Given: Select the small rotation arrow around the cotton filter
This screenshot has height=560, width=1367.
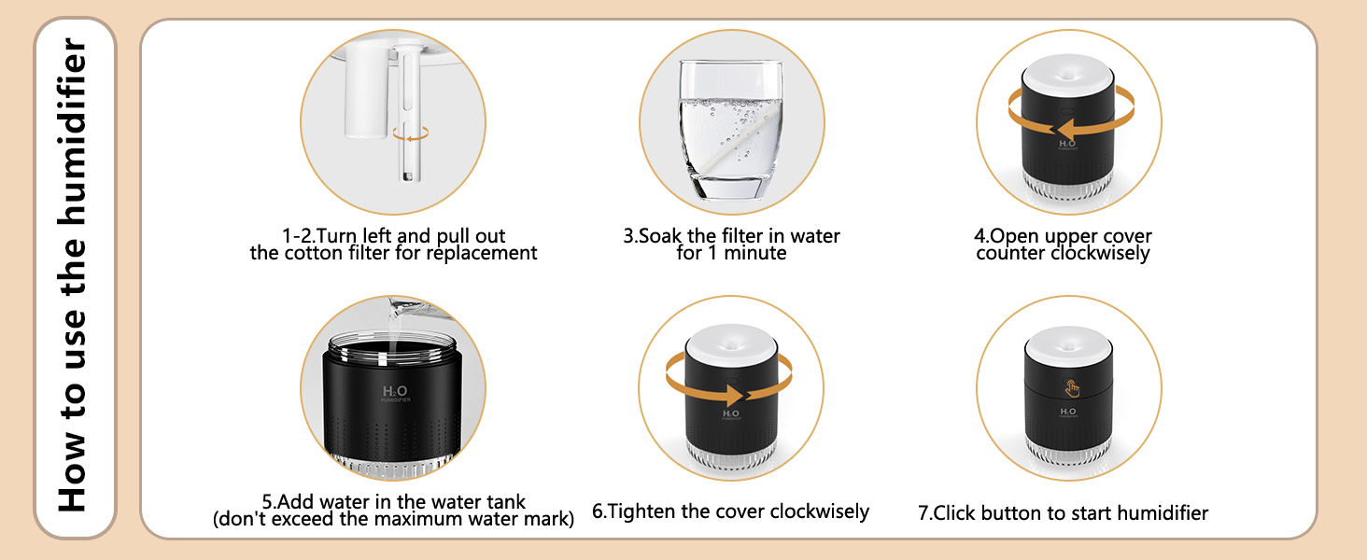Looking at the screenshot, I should [x=410, y=134].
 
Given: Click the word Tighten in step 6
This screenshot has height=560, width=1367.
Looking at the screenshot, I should [x=643, y=511].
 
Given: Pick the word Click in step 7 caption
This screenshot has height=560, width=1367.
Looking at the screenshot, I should [x=955, y=512].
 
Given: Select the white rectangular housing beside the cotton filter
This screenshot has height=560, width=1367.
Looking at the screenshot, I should [x=365, y=90].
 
